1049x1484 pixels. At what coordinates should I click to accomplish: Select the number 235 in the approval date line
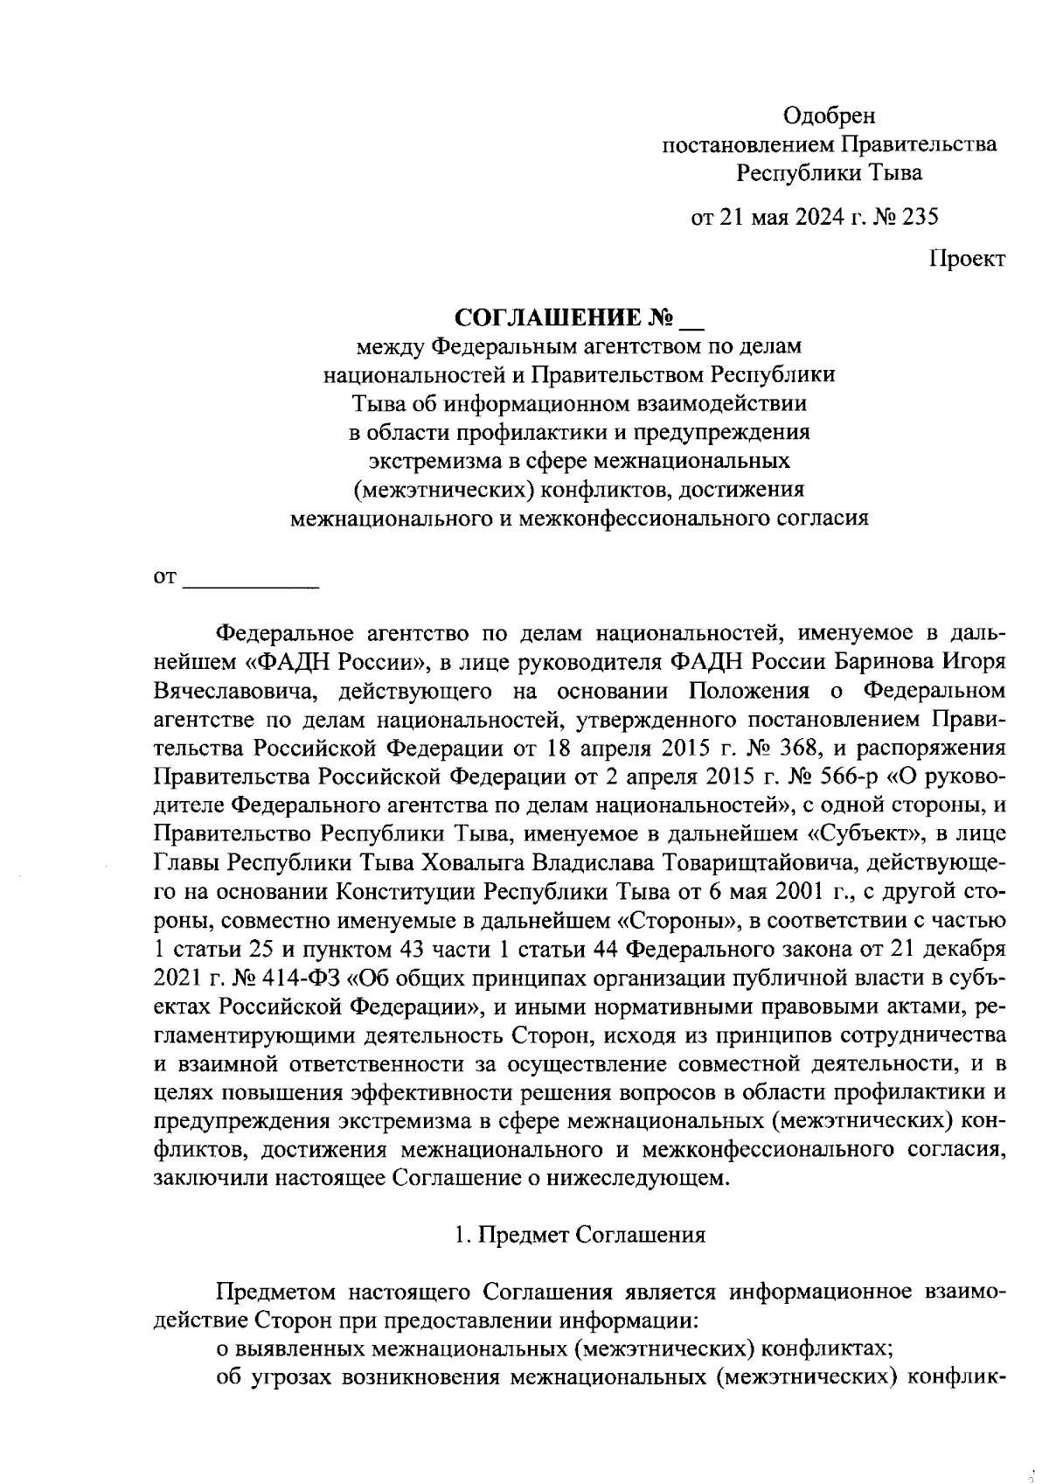(920, 217)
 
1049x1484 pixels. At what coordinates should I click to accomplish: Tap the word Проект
(968, 259)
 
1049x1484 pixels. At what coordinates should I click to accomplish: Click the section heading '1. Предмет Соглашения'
(580, 1235)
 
